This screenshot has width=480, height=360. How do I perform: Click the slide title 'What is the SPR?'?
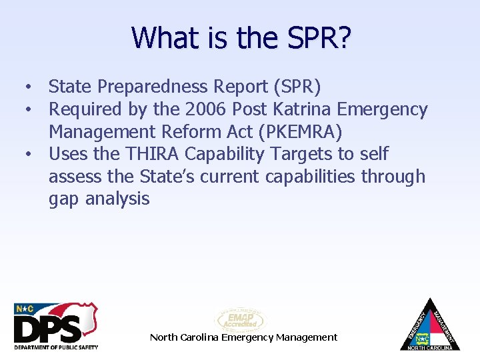coord(241,37)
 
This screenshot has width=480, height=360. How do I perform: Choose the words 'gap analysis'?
coord(99,199)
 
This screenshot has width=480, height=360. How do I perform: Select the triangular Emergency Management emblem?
coord(430,325)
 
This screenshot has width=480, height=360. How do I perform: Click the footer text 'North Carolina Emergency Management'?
coord(244,337)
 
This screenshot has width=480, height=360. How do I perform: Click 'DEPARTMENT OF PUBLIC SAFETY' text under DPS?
coord(56,347)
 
